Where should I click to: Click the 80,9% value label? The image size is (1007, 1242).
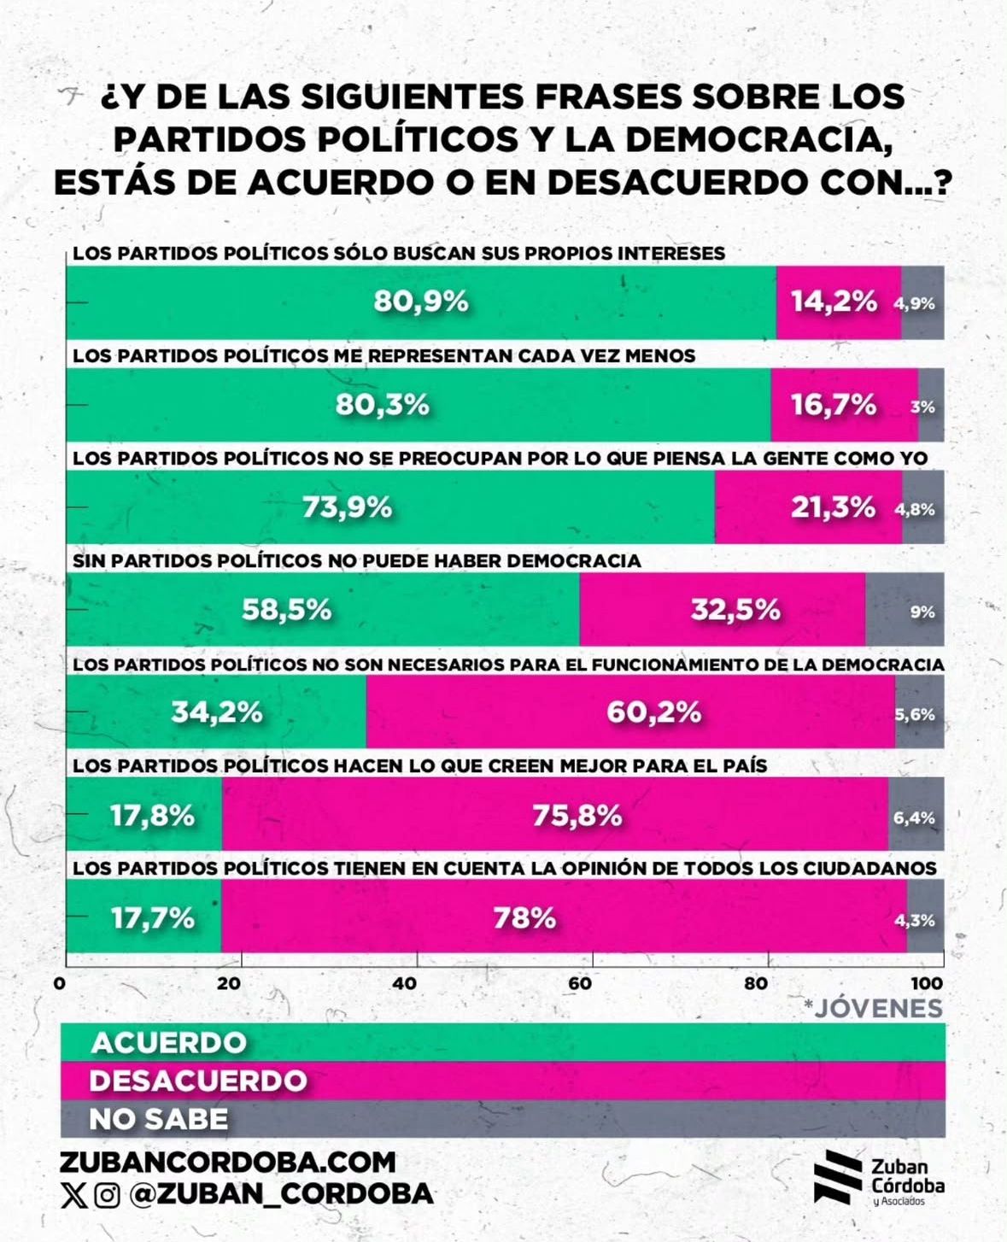pos(421,302)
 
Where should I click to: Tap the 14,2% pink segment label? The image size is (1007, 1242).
pos(834,302)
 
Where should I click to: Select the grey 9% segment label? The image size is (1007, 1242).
pos(922,612)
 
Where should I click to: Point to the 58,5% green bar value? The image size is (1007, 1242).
pos(286,610)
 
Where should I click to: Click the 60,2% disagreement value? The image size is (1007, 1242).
pos(653,712)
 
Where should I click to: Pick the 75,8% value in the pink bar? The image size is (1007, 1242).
pos(577,816)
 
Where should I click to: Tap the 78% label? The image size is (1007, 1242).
pos(524,918)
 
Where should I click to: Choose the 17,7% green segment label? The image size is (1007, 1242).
pos(153,918)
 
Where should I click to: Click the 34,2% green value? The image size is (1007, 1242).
pos(217,712)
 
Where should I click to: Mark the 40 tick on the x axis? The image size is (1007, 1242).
pos(405,983)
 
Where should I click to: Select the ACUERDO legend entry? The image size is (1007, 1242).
pos(169,1042)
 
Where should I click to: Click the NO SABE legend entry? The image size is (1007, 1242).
pos(159,1119)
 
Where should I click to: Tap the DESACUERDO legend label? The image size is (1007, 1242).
pos(198,1081)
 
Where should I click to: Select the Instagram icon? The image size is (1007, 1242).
pos(107,1195)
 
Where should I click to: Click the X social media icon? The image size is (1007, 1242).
pos(74,1195)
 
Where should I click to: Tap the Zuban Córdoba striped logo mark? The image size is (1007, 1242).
pos(837,1177)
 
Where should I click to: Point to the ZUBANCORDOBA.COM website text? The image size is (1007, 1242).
pos(228,1162)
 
